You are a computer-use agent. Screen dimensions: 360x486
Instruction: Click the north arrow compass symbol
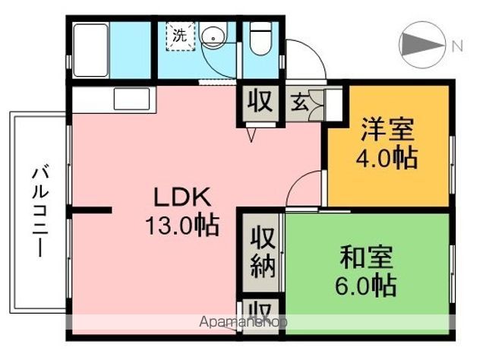click(421, 46)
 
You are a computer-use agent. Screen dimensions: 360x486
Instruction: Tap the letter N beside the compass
click(457, 46)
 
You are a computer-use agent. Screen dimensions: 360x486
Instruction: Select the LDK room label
click(182, 197)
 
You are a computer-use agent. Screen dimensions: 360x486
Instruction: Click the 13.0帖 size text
click(183, 225)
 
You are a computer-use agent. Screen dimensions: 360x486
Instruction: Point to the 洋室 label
click(387, 130)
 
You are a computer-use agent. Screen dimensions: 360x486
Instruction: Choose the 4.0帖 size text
click(387, 160)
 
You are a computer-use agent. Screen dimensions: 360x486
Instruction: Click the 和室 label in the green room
click(367, 258)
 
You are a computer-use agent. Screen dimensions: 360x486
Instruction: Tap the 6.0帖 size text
click(367, 287)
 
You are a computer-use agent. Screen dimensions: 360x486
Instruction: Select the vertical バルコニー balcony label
click(37, 210)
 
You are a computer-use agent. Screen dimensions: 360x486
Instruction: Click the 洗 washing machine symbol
click(181, 36)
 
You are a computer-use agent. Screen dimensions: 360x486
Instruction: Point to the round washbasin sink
click(215, 36)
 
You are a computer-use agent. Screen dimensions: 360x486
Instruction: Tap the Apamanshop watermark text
click(243, 322)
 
